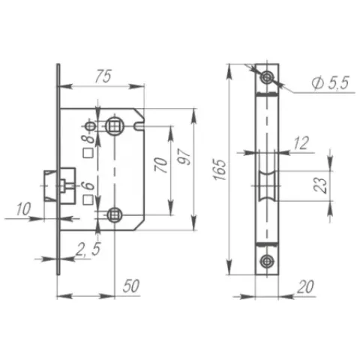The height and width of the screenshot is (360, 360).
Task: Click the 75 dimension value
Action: [x=103, y=76]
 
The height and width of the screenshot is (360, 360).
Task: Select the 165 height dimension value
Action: [x=220, y=169]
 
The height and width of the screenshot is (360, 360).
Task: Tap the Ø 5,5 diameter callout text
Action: [x=330, y=82]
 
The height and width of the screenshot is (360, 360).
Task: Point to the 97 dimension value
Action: [x=184, y=157]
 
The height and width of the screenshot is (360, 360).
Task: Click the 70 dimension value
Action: [x=161, y=165]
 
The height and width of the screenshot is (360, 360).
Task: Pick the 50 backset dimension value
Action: [x=130, y=286]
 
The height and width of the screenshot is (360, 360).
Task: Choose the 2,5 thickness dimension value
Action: [x=88, y=249]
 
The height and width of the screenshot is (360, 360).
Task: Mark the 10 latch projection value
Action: [x=23, y=209]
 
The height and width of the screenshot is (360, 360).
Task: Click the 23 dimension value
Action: [x=320, y=185]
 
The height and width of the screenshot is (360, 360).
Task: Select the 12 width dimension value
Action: [x=301, y=143]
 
